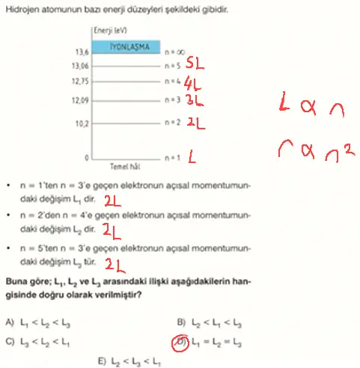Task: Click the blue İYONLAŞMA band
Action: pyautogui.click(x=126, y=46)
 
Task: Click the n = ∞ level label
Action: pyautogui.click(x=174, y=52)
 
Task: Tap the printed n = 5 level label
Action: pyautogui.click(x=173, y=65)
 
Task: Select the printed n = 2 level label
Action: pyautogui.click(x=173, y=121)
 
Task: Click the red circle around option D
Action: pyautogui.click(x=180, y=343)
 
